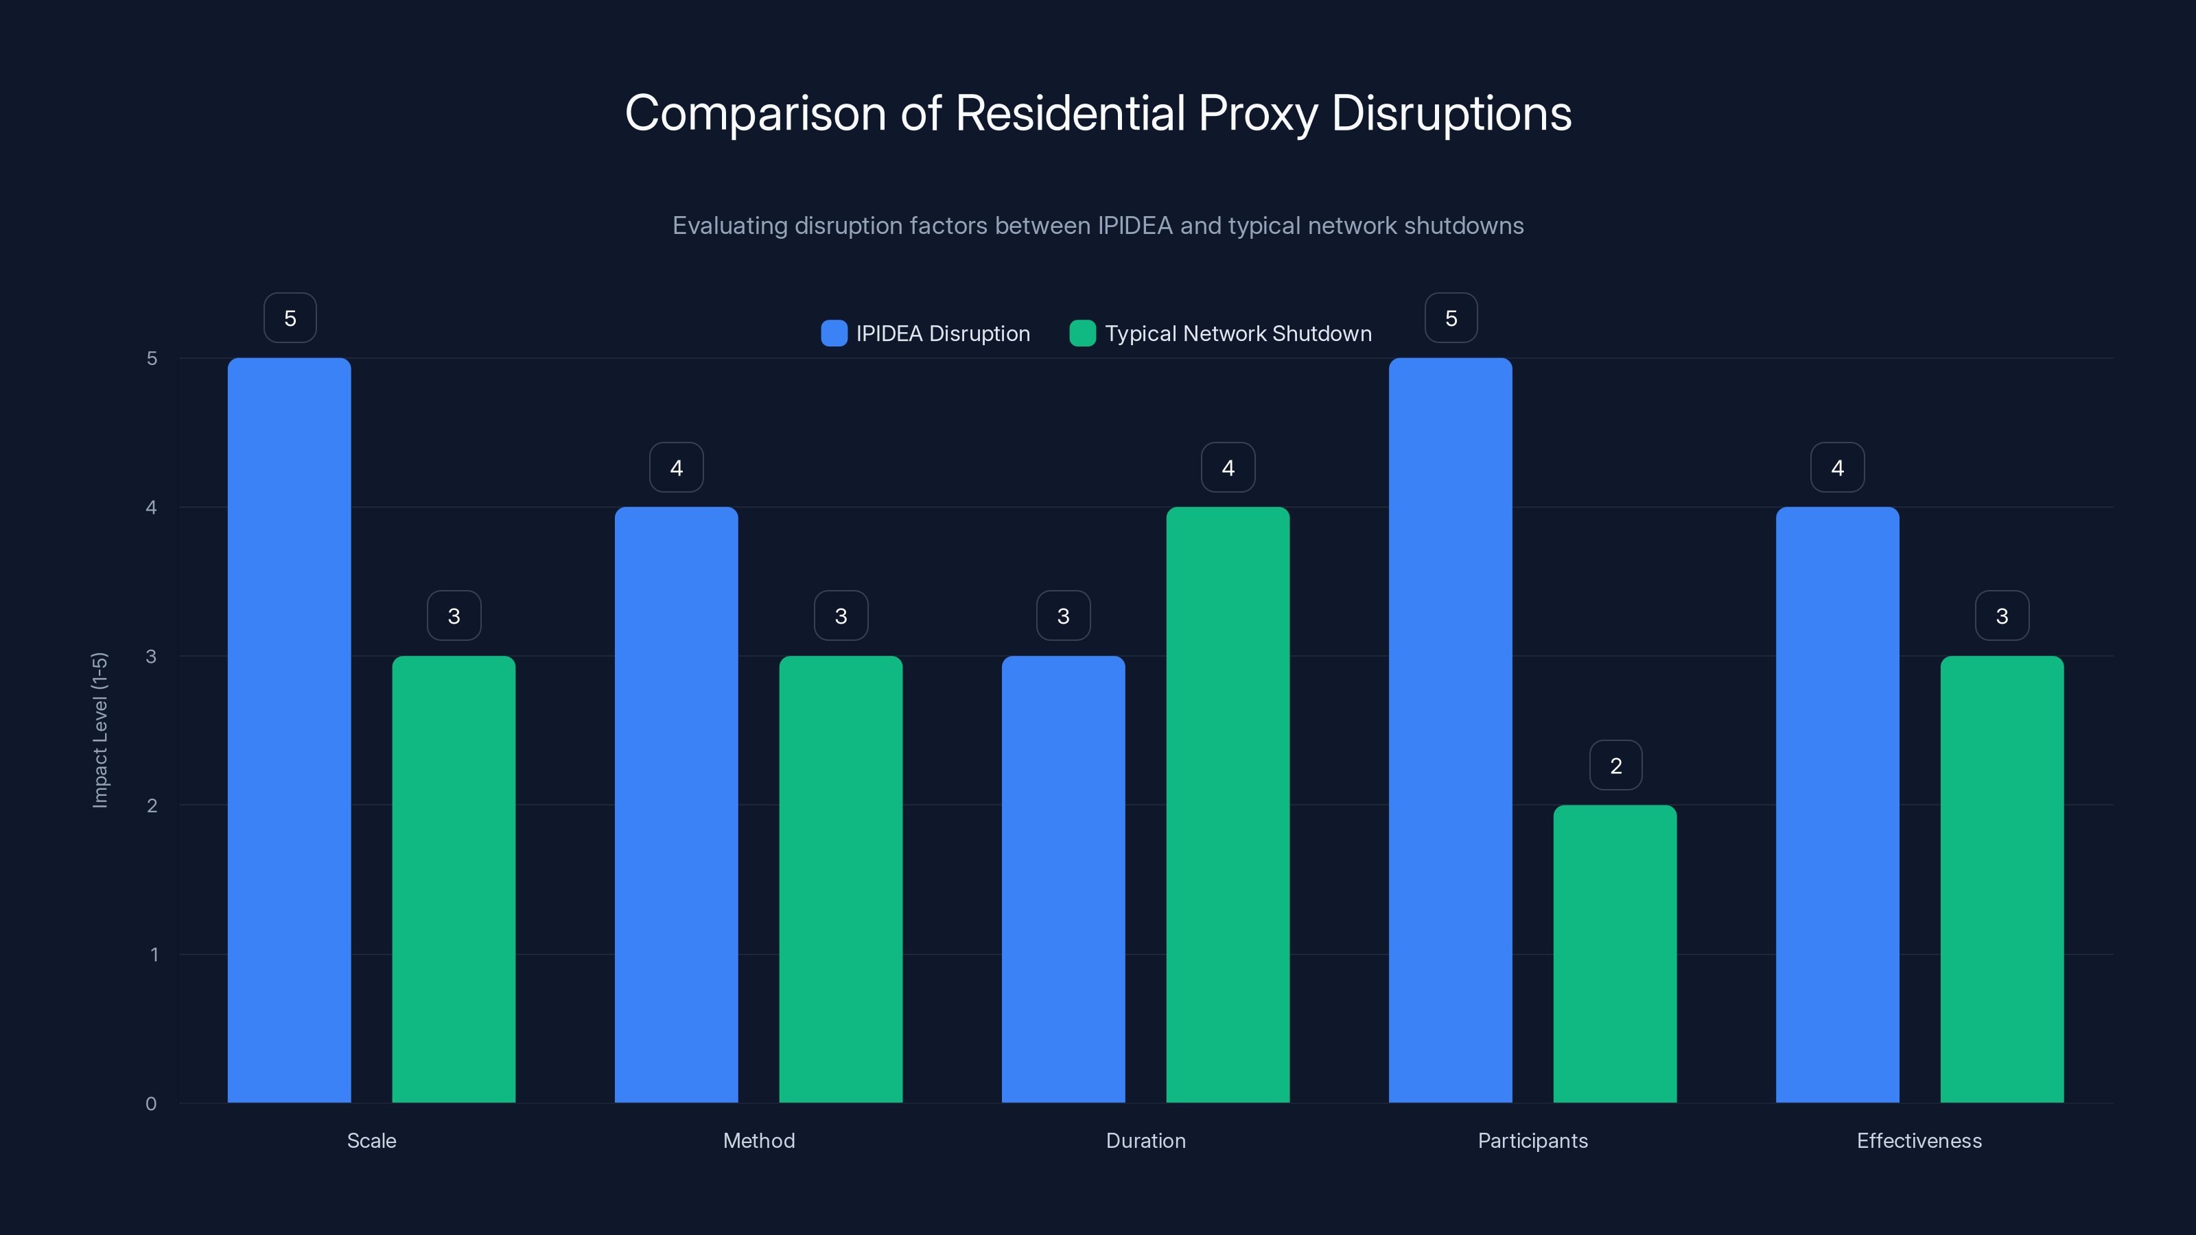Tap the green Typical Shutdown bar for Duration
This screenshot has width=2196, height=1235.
click(x=1228, y=805)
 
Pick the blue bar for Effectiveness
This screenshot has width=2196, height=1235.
click(x=1837, y=805)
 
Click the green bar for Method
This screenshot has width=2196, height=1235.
click(x=841, y=879)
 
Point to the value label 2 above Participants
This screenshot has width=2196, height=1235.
click(x=1615, y=766)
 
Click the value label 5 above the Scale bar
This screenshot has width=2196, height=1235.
click(x=290, y=318)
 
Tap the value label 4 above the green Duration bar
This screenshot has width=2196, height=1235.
click(x=1228, y=467)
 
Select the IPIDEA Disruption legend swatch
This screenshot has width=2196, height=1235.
click(x=834, y=333)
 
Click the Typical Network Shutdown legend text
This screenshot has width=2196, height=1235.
click(x=1238, y=333)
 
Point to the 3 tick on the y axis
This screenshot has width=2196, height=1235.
click(x=152, y=657)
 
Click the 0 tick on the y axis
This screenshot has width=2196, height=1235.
click(x=152, y=1104)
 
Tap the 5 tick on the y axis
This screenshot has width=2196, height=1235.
click(x=152, y=358)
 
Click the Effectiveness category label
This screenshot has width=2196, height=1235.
click(x=1919, y=1140)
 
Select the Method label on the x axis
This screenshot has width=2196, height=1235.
click(x=759, y=1140)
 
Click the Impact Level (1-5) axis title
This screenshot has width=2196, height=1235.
click(x=100, y=729)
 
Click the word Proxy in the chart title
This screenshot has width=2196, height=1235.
click(x=1257, y=113)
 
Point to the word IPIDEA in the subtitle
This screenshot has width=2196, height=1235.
click(x=1134, y=226)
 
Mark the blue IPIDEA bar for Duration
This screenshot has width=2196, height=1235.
click(x=1063, y=879)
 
